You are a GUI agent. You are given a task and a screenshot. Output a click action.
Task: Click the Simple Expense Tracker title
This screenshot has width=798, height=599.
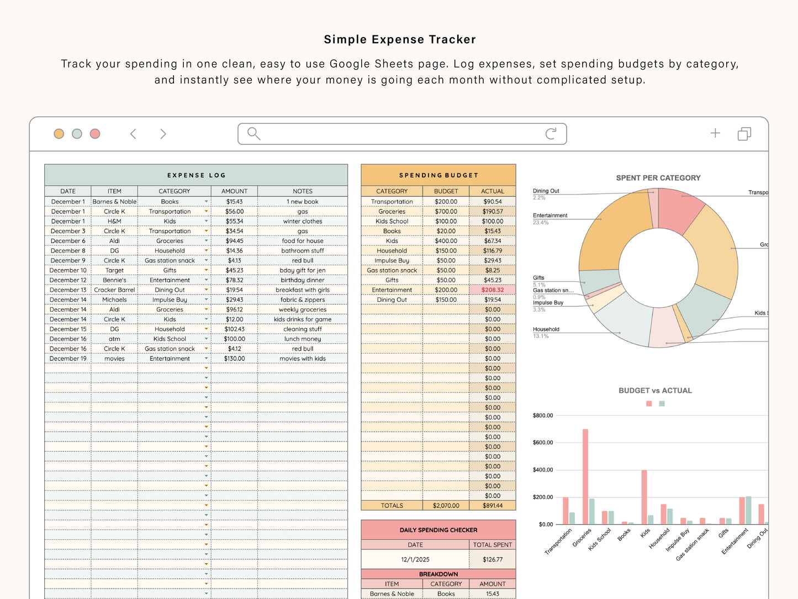tap(399, 39)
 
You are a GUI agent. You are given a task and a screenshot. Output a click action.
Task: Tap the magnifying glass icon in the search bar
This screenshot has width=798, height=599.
tap(253, 134)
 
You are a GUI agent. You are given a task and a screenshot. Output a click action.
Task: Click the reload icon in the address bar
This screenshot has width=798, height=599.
tap(551, 134)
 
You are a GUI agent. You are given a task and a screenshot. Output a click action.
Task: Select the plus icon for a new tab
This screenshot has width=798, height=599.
tap(715, 133)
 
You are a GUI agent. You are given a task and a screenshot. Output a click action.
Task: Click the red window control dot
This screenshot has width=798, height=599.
tap(95, 134)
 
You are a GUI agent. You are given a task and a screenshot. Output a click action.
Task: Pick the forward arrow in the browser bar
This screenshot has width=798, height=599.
tap(163, 134)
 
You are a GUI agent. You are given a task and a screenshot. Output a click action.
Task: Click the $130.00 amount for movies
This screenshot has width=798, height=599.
tap(234, 359)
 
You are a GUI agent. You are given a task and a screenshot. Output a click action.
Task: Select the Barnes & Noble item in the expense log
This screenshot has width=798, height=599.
tap(114, 202)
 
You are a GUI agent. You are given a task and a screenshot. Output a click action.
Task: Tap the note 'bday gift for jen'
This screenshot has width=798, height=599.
tap(302, 270)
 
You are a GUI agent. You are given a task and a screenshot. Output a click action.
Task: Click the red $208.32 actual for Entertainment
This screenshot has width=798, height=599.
tap(492, 290)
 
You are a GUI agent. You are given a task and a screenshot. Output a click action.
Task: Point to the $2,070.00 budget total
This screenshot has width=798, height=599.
tap(446, 506)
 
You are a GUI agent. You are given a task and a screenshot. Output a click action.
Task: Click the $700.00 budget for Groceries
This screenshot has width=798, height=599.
tap(446, 212)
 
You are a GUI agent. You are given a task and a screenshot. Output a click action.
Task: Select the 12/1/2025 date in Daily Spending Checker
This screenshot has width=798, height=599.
tap(415, 559)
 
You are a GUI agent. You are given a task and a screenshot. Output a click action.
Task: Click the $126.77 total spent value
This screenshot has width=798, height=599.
tap(492, 559)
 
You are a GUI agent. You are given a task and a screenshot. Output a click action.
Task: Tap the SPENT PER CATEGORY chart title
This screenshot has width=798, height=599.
tap(658, 178)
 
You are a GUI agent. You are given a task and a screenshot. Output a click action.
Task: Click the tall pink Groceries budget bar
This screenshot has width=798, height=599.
tap(585, 476)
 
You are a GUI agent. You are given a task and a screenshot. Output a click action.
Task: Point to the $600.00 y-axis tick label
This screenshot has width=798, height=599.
tap(542, 443)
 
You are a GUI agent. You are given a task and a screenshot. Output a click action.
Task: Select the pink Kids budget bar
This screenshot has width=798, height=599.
tap(644, 497)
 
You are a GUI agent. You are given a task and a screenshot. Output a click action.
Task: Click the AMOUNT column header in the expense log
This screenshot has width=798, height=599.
tap(234, 191)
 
